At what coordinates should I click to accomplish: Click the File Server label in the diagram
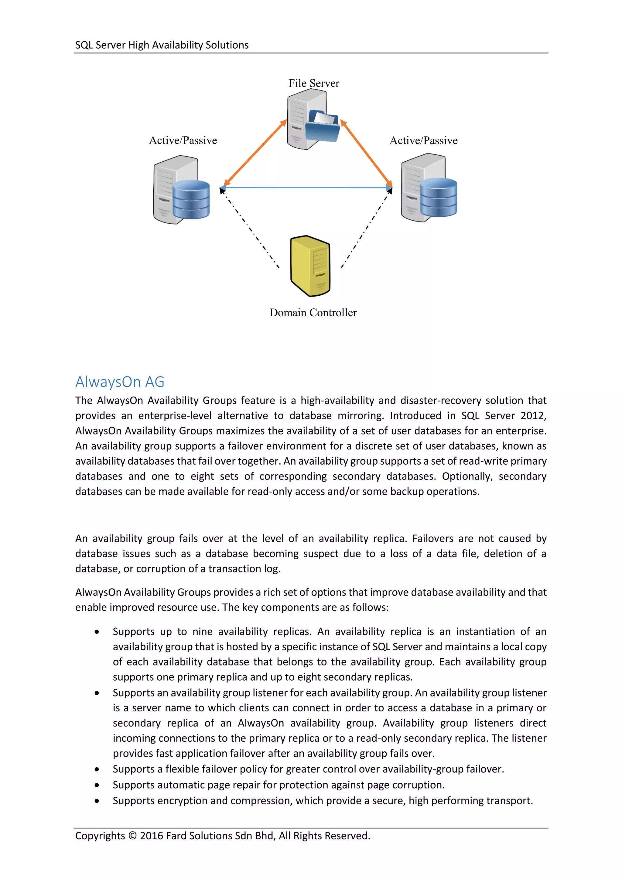[x=314, y=83]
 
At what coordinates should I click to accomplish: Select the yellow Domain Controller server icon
[x=310, y=266]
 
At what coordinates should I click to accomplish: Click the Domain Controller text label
[x=313, y=313]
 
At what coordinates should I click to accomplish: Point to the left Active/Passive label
[x=183, y=141]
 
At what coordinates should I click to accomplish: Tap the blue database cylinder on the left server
[x=191, y=199]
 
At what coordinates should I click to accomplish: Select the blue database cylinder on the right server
[x=439, y=198]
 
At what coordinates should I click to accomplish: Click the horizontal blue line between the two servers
[x=306, y=188]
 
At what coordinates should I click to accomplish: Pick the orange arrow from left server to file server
[x=255, y=153]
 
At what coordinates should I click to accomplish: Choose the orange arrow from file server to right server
[x=366, y=153]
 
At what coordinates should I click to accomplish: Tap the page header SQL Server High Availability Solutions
[x=162, y=45]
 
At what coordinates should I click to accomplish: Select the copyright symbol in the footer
[x=132, y=836]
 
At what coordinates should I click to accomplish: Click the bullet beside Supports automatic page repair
[x=97, y=785]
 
